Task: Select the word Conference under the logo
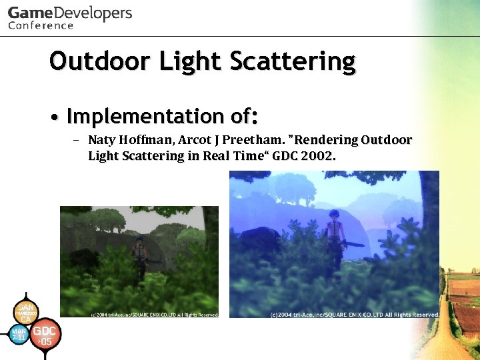coord(41,26)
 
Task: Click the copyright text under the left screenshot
coord(155,313)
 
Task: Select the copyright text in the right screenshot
coord(354,314)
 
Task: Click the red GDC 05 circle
coord(45,334)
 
